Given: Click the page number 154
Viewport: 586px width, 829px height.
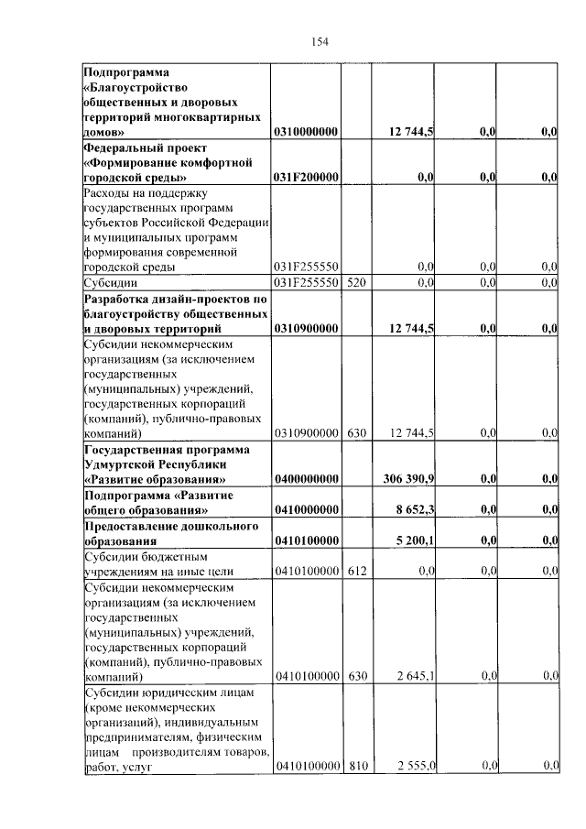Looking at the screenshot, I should click(320, 41).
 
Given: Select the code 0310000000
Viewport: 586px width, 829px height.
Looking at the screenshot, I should click(306, 133).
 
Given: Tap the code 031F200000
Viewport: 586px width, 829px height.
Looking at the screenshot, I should click(306, 178).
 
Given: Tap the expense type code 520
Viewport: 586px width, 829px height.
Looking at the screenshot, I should click(356, 282).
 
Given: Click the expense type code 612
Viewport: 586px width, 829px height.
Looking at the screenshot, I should click(356, 572).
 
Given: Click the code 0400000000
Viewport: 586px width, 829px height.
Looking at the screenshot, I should click(306, 478).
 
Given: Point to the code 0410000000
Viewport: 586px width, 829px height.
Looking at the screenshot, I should click(306, 509).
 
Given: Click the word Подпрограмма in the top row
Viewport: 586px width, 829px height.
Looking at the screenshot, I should click(127, 71).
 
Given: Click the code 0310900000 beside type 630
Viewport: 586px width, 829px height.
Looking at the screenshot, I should click(306, 432).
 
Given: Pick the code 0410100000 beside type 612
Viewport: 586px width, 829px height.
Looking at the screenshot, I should click(306, 572).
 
